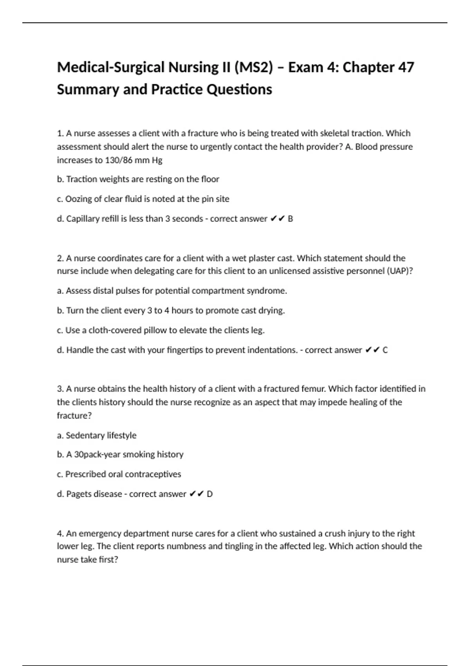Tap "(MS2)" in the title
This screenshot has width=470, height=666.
253,67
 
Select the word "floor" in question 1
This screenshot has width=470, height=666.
210,179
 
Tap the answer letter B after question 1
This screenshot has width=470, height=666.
290,219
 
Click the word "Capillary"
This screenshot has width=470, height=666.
83,219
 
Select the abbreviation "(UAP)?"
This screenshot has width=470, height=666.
400,271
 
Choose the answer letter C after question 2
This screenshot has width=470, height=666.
385,350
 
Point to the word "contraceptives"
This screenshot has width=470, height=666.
153,474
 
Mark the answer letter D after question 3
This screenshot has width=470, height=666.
210,494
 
